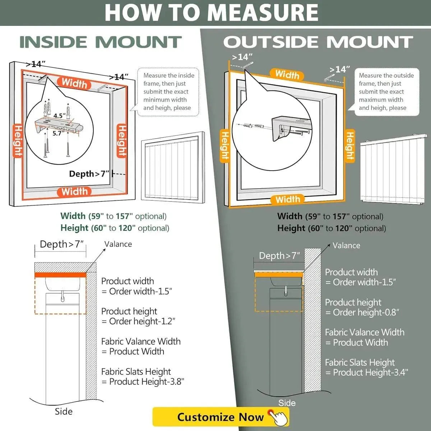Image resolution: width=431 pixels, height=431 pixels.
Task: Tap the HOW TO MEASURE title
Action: (x=211, y=13)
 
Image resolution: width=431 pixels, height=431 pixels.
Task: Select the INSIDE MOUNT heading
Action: (x=100, y=42)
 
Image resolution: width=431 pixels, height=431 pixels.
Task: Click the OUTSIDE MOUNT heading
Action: (x=318, y=42)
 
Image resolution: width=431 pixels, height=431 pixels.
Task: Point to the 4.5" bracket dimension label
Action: (x=60, y=116)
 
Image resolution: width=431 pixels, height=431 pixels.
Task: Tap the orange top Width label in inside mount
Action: (x=74, y=83)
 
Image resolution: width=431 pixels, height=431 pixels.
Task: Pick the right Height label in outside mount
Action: (x=350, y=145)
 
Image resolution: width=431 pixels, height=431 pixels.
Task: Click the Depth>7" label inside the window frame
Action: (x=89, y=174)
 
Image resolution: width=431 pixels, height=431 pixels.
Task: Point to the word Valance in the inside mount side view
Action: (x=118, y=244)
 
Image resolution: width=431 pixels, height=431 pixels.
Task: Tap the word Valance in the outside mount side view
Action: (x=346, y=246)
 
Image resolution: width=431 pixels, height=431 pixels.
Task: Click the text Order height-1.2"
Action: (x=142, y=321)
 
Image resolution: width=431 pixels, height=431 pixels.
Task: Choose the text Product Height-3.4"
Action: (x=370, y=372)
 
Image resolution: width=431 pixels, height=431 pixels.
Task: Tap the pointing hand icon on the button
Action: (x=279, y=417)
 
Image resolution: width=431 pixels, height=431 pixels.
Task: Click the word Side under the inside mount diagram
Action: (x=64, y=411)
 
